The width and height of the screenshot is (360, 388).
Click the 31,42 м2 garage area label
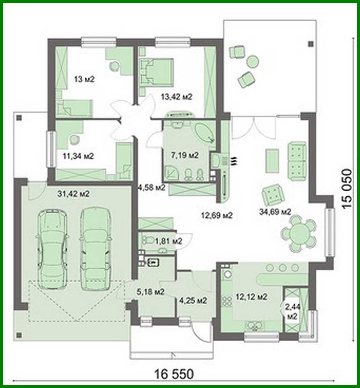point(73,194)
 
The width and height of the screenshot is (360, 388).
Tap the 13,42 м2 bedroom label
point(176,97)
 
